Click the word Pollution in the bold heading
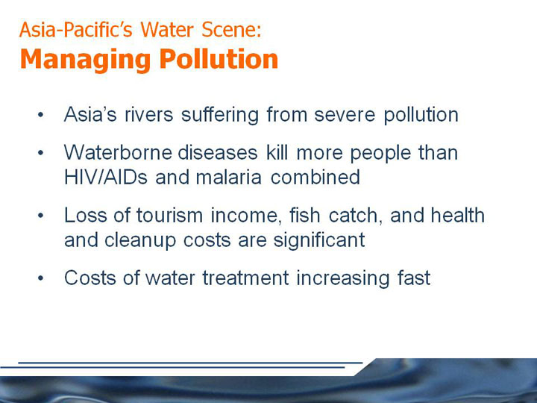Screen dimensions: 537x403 click(219, 59)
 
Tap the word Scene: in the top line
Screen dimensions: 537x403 click(231, 29)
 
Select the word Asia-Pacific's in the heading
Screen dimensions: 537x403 click(75, 29)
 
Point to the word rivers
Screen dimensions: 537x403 click(149, 114)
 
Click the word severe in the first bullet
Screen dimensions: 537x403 click(345, 116)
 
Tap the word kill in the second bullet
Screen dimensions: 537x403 click(277, 152)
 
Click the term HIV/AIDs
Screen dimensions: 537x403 click(106, 177)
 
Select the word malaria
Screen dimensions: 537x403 click(229, 177)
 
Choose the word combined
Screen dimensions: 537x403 click(315, 177)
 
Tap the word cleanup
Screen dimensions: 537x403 click(140, 240)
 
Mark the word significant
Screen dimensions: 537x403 click(319, 240)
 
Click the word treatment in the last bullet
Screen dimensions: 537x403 click(245, 278)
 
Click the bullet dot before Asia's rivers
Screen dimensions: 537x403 click(41, 115)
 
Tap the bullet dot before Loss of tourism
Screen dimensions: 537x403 click(41, 216)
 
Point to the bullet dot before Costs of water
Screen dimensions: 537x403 click(41, 278)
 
